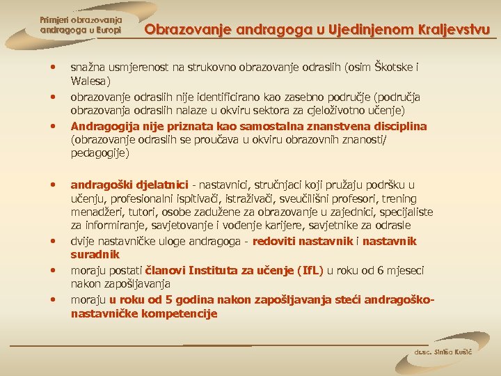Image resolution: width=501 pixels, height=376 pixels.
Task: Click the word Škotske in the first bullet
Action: [x=392, y=68]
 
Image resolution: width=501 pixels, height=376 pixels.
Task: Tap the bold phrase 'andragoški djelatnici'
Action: [x=129, y=185]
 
